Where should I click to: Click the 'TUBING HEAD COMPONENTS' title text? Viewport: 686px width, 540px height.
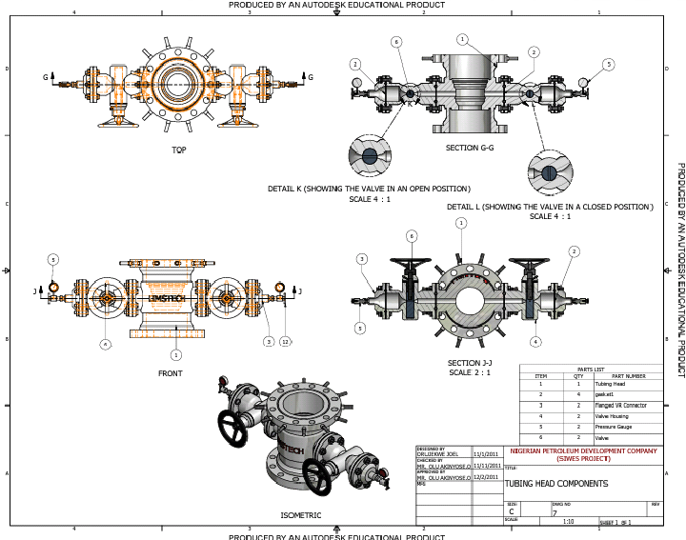click(x=555, y=483)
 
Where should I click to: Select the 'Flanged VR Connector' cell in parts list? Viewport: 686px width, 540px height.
click(x=622, y=405)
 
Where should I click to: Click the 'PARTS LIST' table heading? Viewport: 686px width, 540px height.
click(x=591, y=369)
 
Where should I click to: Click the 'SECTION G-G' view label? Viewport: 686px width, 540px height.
click(x=468, y=148)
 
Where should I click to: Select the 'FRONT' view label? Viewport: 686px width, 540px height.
click(x=171, y=373)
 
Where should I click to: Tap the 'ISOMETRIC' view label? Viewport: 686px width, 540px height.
click(x=300, y=515)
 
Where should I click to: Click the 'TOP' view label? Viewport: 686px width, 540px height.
click(x=178, y=150)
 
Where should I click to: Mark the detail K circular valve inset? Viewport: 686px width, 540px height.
click(x=369, y=154)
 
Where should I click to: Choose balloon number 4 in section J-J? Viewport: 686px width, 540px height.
click(x=562, y=341)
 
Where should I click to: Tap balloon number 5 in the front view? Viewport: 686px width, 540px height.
click(x=53, y=259)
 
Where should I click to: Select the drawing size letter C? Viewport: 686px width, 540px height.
click(x=512, y=511)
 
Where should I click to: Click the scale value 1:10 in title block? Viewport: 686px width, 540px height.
click(x=569, y=522)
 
